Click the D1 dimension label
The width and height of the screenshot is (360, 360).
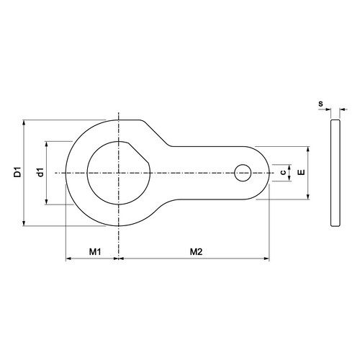pos(17,172)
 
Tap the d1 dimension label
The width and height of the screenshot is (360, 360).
pos(41,172)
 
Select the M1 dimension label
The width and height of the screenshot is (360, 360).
pos(95,252)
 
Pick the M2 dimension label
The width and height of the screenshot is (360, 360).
pos(197,252)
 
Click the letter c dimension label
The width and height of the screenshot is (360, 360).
pos(283,172)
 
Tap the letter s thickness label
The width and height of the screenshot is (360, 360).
pos(320,104)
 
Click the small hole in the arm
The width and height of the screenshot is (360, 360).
pos(243,173)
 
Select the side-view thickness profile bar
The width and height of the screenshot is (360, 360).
pos(336,173)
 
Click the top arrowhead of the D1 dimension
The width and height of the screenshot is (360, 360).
pos(24,122)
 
